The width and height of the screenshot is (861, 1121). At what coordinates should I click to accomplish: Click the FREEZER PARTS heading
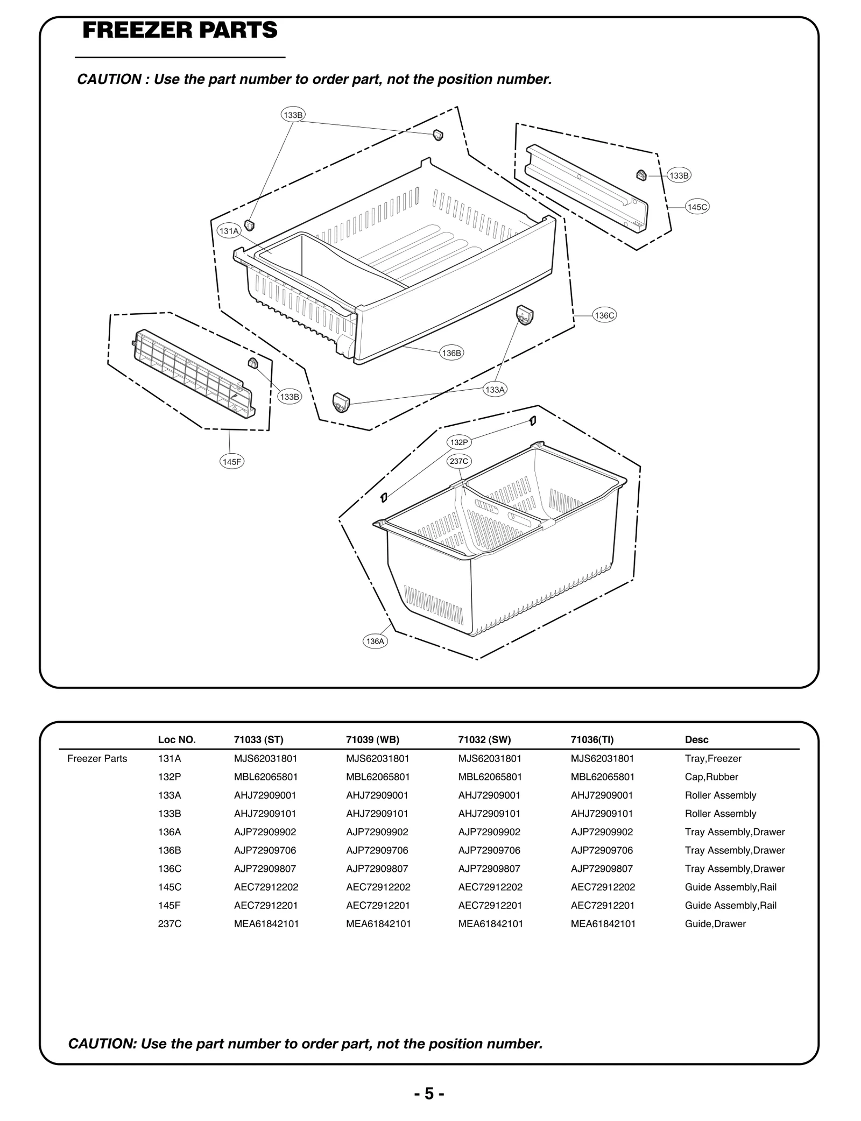click(x=180, y=30)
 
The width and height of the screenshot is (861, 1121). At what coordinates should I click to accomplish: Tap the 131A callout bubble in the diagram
click(x=228, y=231)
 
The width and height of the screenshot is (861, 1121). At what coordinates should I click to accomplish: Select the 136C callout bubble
click(x=604, y=315)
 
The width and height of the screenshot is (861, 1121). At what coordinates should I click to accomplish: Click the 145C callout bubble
click(x=697, y=207)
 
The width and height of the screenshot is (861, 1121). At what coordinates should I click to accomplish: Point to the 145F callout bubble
click(x=232, y=462)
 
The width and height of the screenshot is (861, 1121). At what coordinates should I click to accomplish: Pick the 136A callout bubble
click(x=375, y=641)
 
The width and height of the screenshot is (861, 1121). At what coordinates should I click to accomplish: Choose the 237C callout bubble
click(x=459, y=461)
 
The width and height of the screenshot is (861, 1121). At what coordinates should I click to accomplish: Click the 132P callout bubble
click(x=459, y=442)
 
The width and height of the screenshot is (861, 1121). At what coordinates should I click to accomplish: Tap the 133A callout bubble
click(x=495, y=390)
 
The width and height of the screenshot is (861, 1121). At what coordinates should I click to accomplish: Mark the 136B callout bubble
click(x=451, y=353)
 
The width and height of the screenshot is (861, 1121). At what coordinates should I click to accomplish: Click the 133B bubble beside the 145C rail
click(x=679, y=175)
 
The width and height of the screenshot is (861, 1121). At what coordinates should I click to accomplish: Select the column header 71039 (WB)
click(x=372, y=739)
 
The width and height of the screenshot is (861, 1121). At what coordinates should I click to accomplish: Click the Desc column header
click(x=696, y=739)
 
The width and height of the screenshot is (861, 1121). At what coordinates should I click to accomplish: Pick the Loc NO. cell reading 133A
click(x=170, y=795)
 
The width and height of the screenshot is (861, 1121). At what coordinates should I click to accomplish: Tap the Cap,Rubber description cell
click(x=711, y=777)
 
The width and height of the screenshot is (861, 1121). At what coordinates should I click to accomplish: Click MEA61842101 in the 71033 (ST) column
click(x=266, y=923)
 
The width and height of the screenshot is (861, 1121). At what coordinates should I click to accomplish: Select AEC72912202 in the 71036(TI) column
click(x=603, y=887)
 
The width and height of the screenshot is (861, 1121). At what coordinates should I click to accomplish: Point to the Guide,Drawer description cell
click(x=715, y=923)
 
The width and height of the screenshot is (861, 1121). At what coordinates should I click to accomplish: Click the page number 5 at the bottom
click(x=429, y=1094)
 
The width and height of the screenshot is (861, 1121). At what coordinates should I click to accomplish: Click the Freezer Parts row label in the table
click(x=97, y=758)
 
